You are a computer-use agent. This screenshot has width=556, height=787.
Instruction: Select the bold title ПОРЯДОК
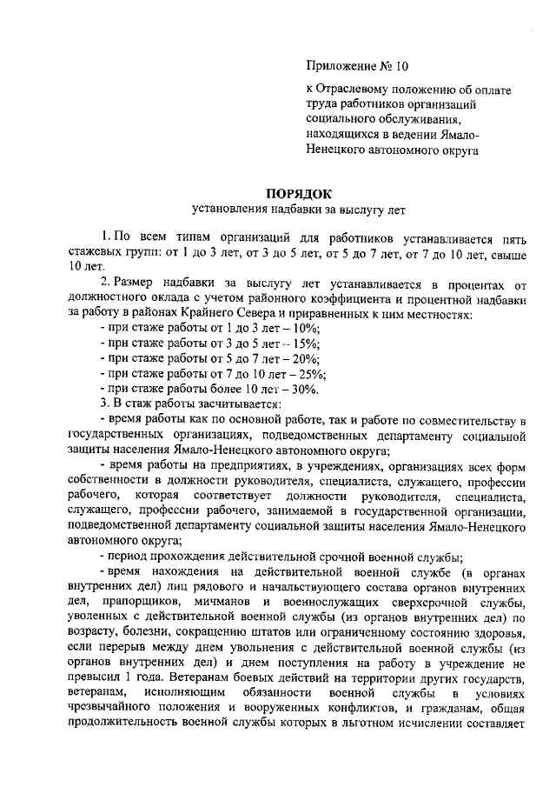coord(298,193)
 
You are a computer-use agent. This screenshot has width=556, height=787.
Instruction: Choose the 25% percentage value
coord(312,375)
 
